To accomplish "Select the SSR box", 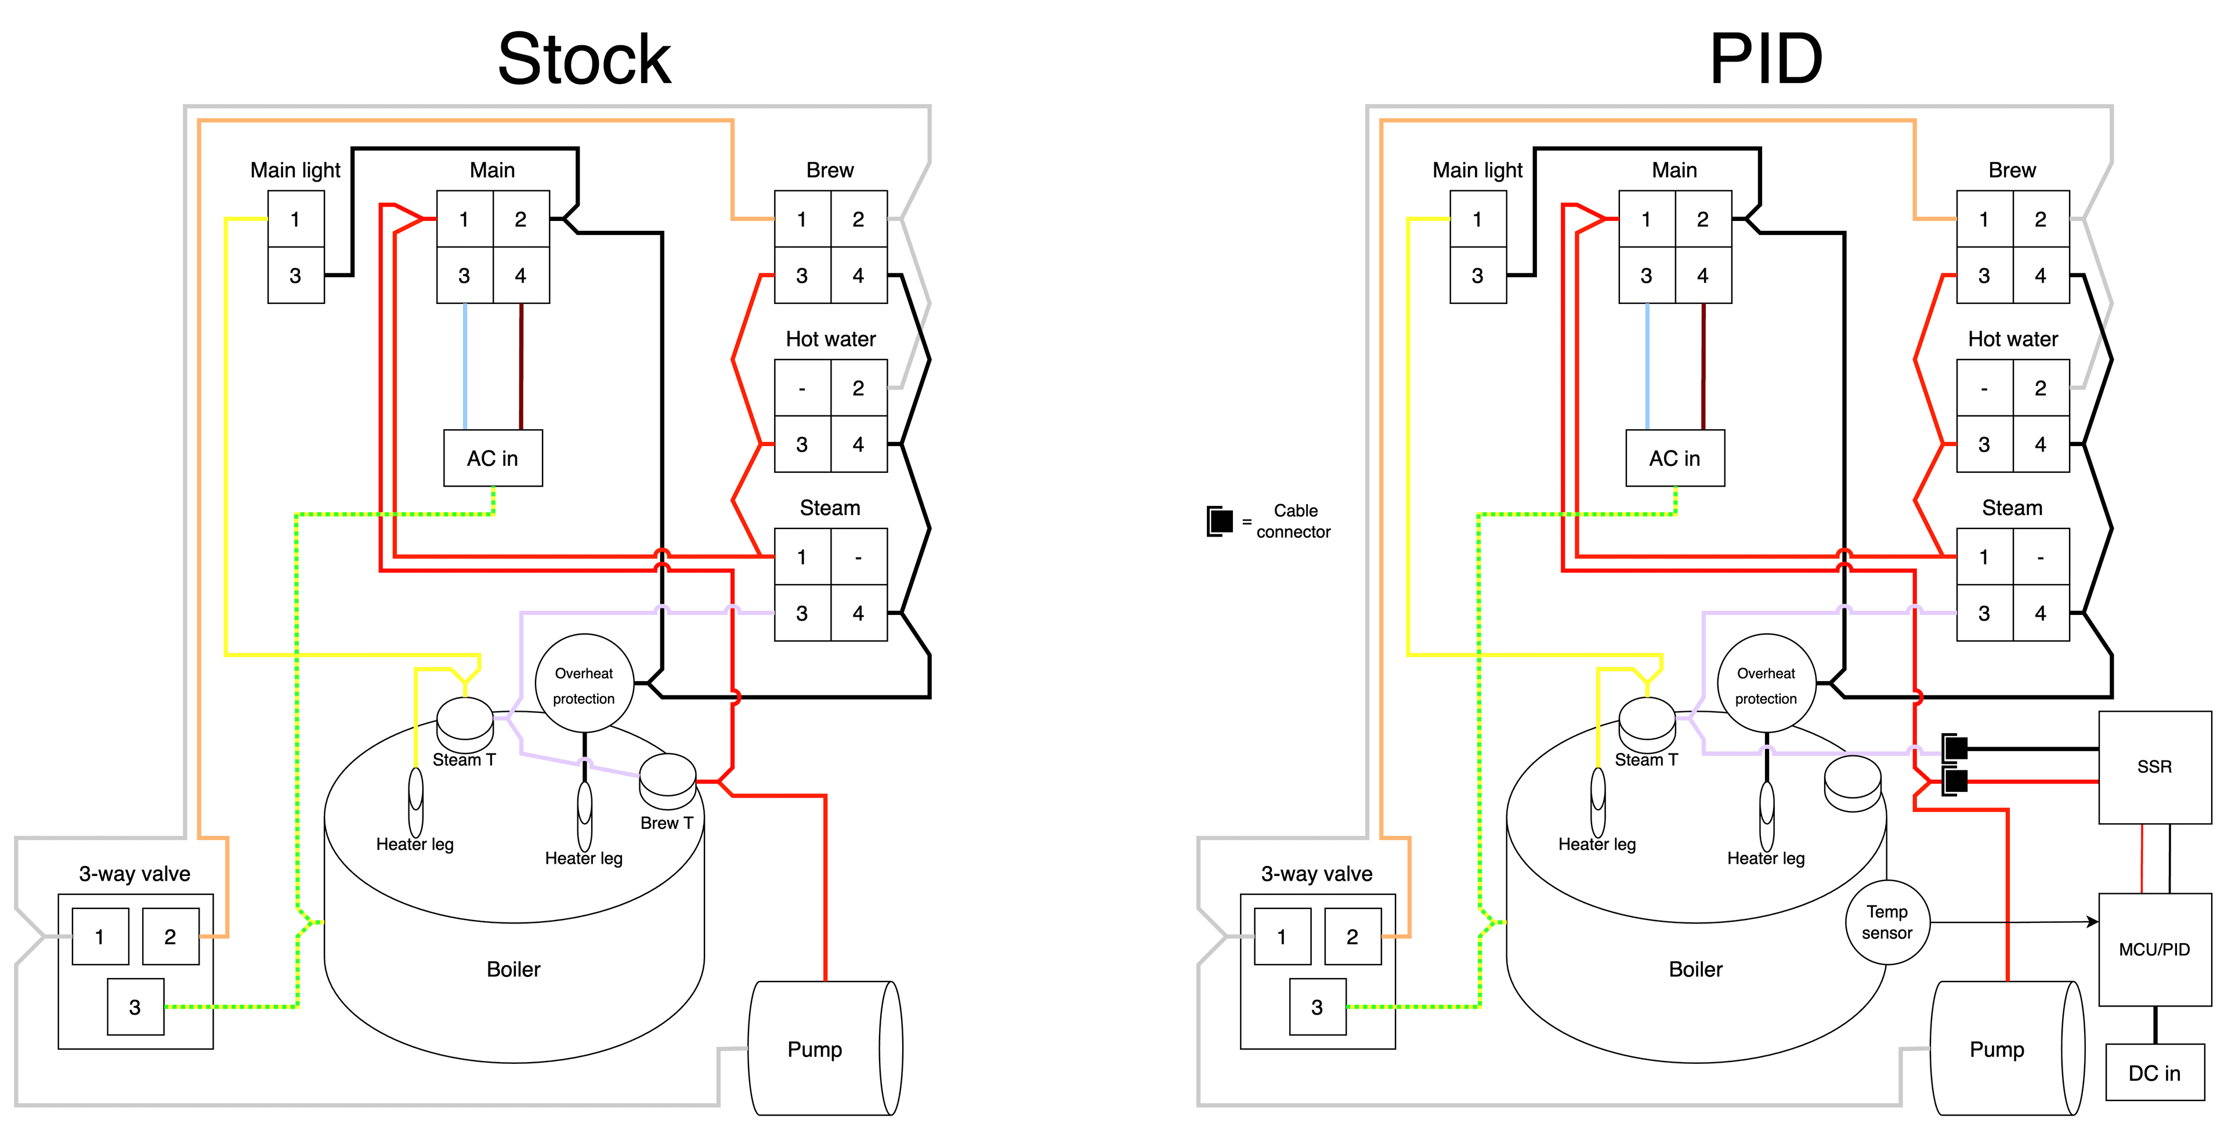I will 2154,767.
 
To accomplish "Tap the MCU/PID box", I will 2154,949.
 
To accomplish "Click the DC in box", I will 2154,1073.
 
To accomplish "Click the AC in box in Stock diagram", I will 492,458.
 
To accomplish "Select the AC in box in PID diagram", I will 1674,458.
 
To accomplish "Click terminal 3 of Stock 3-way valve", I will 135,1007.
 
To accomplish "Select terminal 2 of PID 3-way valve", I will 1352,936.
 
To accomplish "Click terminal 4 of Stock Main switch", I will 520,276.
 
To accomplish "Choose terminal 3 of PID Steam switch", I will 1984,613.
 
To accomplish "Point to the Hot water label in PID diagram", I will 2013,339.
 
